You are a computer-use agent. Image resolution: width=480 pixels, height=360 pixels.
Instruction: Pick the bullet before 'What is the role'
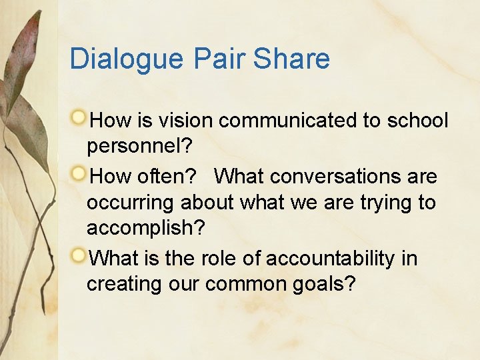tap(79, 256)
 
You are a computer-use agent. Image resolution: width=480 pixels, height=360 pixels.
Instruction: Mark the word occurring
tap(131, 203)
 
